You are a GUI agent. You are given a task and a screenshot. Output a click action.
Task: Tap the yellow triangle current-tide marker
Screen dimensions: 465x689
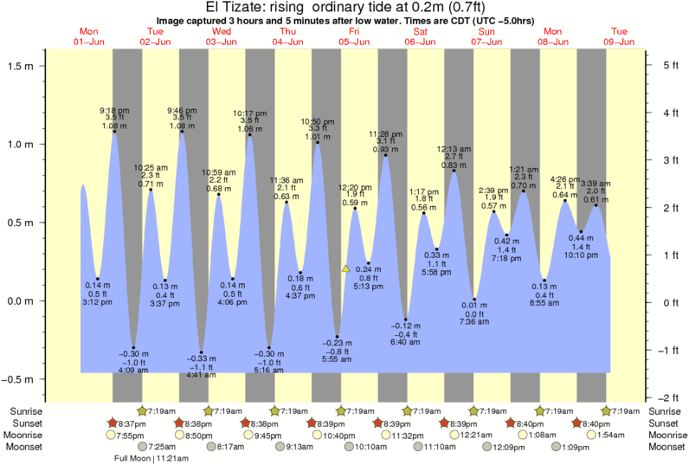[x=345, y=269]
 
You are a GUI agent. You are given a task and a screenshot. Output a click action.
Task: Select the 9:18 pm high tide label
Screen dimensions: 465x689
[x=115, y=110]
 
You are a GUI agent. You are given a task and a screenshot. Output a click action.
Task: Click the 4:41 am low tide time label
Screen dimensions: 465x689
[x=201, y=375]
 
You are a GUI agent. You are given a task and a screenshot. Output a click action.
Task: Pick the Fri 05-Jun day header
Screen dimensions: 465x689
[x=354, y=36]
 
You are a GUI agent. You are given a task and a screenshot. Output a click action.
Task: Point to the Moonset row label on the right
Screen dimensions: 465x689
[x=666, y=447]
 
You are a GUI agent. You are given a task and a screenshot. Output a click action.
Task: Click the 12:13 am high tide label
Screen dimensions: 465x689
[x=454, y=148]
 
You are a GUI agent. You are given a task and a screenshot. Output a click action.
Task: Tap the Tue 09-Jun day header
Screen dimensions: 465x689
[x=620, y=36]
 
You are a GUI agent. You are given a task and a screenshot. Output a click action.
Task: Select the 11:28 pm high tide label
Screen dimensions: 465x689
[x=386, y=133]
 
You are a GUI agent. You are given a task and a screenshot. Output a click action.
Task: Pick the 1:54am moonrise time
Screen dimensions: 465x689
[x=611, y=435]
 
